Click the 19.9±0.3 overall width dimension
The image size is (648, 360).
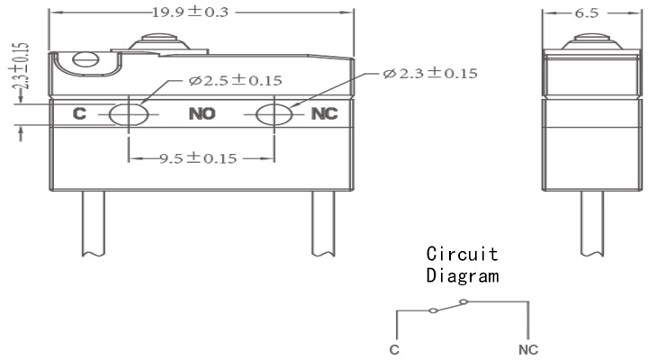click(x=190, y=12)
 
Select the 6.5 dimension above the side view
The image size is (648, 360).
click(x=587, y=13)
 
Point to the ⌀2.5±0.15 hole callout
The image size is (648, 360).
click(x=235, y=80)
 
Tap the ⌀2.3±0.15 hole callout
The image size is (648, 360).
click(x=430, y=73)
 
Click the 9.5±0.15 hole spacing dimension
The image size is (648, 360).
click(x=198, y=158)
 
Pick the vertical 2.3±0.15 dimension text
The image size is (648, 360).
click(x=22, y=67)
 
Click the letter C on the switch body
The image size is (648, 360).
click(x=79, y=113)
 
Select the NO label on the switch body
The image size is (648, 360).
click(x=202, y=113)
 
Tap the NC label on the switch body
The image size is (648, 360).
click(x=324, y=113)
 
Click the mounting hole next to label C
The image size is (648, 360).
click(x=129, y=114)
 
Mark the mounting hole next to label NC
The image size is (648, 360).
click(x=274, y=114)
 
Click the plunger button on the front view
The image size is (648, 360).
click(x=159, y=42)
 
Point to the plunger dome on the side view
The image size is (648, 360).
click(x=592, y=41)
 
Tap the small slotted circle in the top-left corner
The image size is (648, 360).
click(x=86, y=59)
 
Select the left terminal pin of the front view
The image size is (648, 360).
click(x=93, y=223)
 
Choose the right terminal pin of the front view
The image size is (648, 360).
click(x=323, y=223)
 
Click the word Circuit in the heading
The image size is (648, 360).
click(x=462, y=254)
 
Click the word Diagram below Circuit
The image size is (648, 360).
click(x=463, y=275)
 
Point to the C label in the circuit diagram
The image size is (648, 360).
click(x=394, y=350)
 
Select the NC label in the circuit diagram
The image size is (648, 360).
click(x=528, y=350)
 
